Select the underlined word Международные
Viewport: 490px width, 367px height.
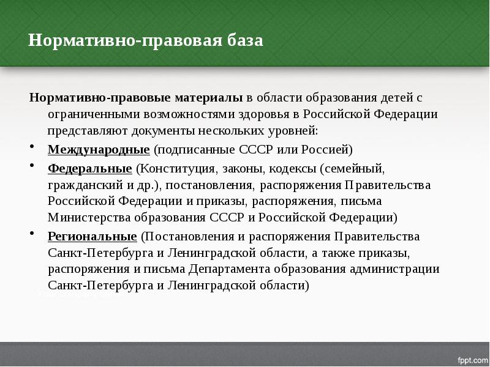click(x=99, y=149)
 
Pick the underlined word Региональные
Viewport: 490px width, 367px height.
click(x=92, y=236)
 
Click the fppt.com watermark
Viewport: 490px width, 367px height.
click(x=472, y=358)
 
